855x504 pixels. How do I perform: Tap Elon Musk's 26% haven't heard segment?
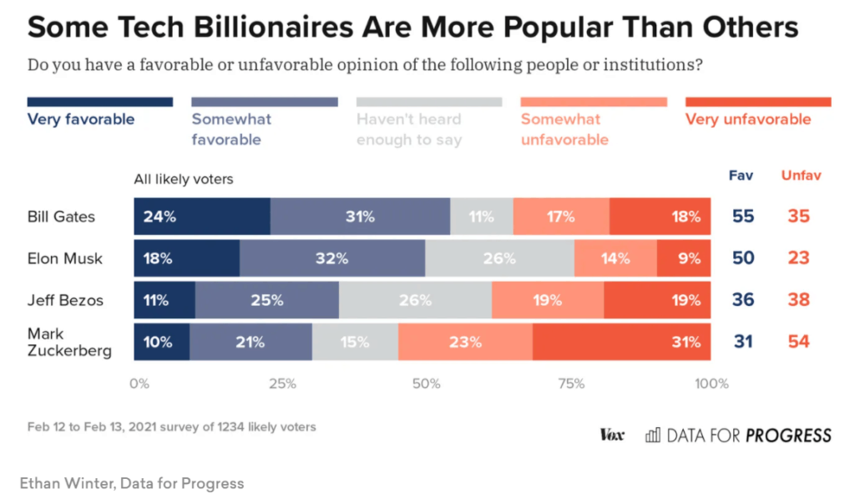tap(499, 258)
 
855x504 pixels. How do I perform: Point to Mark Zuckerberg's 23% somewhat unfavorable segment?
tap(465, 342)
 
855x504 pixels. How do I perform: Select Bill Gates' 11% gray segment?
tap(482, 216)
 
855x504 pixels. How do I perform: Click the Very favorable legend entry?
tap(81, 120)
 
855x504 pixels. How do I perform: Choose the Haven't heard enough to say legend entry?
tap(409, 130)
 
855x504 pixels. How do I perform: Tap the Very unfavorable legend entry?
tap(748, 120)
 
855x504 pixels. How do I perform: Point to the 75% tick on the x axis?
tap(570, 384)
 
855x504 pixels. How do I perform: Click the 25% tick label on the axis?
tap(282, 384)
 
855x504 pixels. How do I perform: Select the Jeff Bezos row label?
tap(65, 299)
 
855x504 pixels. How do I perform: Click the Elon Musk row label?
tap(65, 258)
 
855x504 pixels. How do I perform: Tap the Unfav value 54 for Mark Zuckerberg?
tap(798, 341)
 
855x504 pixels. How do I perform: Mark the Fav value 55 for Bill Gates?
tap(742, 216)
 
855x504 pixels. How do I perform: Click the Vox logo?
tap(612, 435)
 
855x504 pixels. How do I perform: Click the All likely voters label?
tap(184, 179)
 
